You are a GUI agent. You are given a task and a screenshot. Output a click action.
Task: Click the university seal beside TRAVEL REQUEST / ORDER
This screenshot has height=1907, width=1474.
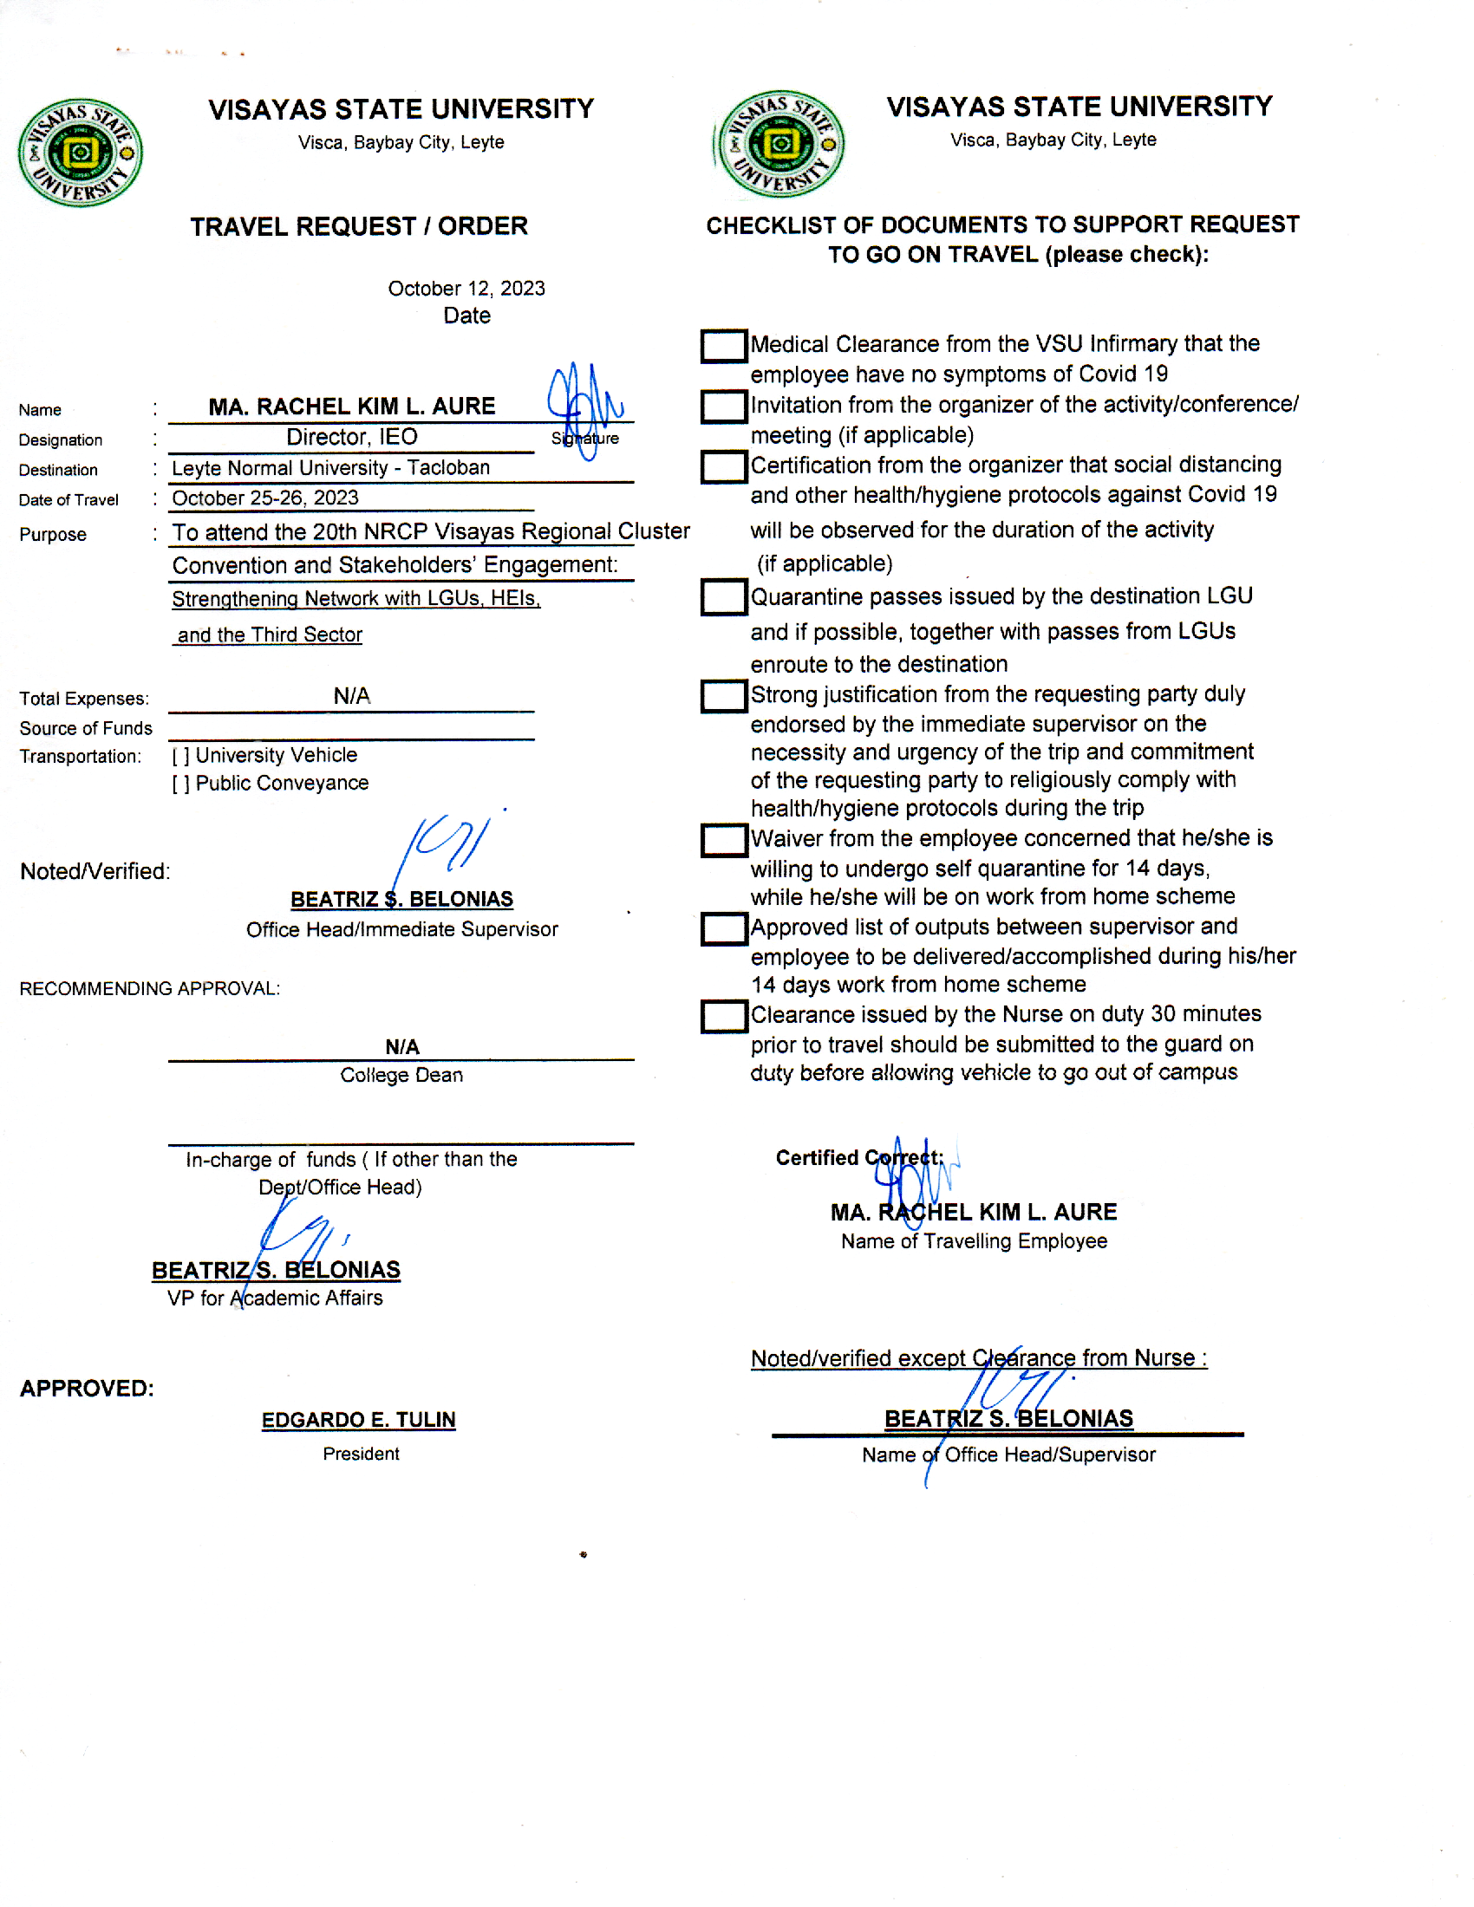point(81,153)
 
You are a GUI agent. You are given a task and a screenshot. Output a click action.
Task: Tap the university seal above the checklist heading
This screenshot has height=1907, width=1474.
point(779,144)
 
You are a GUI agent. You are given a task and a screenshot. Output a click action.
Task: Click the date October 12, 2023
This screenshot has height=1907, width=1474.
point(466,288)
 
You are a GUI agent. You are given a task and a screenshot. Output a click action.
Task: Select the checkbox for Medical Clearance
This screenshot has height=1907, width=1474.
point(723,346)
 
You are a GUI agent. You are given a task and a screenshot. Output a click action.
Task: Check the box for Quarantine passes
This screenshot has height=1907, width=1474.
point(723,598)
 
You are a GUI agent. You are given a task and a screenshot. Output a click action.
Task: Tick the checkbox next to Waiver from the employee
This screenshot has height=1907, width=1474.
point(723,840)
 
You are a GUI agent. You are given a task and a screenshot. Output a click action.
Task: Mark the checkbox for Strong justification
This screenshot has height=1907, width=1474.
point(723,697)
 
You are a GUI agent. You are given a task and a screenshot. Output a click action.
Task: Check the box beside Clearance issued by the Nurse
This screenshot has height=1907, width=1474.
point(723,1017)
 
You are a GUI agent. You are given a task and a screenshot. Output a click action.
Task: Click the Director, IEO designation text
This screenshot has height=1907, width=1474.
point(351,437)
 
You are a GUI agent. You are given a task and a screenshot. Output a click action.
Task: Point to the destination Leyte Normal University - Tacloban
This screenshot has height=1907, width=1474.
point(330,468)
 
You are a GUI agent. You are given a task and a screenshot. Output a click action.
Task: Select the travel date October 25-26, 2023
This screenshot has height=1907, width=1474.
point(264,498)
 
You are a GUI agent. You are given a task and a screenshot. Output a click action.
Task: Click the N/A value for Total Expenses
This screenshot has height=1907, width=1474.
point(351,696)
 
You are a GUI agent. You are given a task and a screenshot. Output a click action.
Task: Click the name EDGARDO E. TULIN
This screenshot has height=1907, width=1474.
point(358,1420)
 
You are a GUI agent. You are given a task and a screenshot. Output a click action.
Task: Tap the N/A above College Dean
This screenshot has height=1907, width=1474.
point(401,1047)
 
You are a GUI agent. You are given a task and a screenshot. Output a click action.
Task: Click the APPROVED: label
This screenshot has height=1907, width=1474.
point(87,1389)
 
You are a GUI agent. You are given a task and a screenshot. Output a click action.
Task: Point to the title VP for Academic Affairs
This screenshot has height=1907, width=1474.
point(274,1298)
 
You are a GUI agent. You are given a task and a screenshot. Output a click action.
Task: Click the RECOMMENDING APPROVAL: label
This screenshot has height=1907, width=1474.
point(149,988)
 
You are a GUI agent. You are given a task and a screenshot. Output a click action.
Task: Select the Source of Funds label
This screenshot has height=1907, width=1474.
point(86,728)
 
